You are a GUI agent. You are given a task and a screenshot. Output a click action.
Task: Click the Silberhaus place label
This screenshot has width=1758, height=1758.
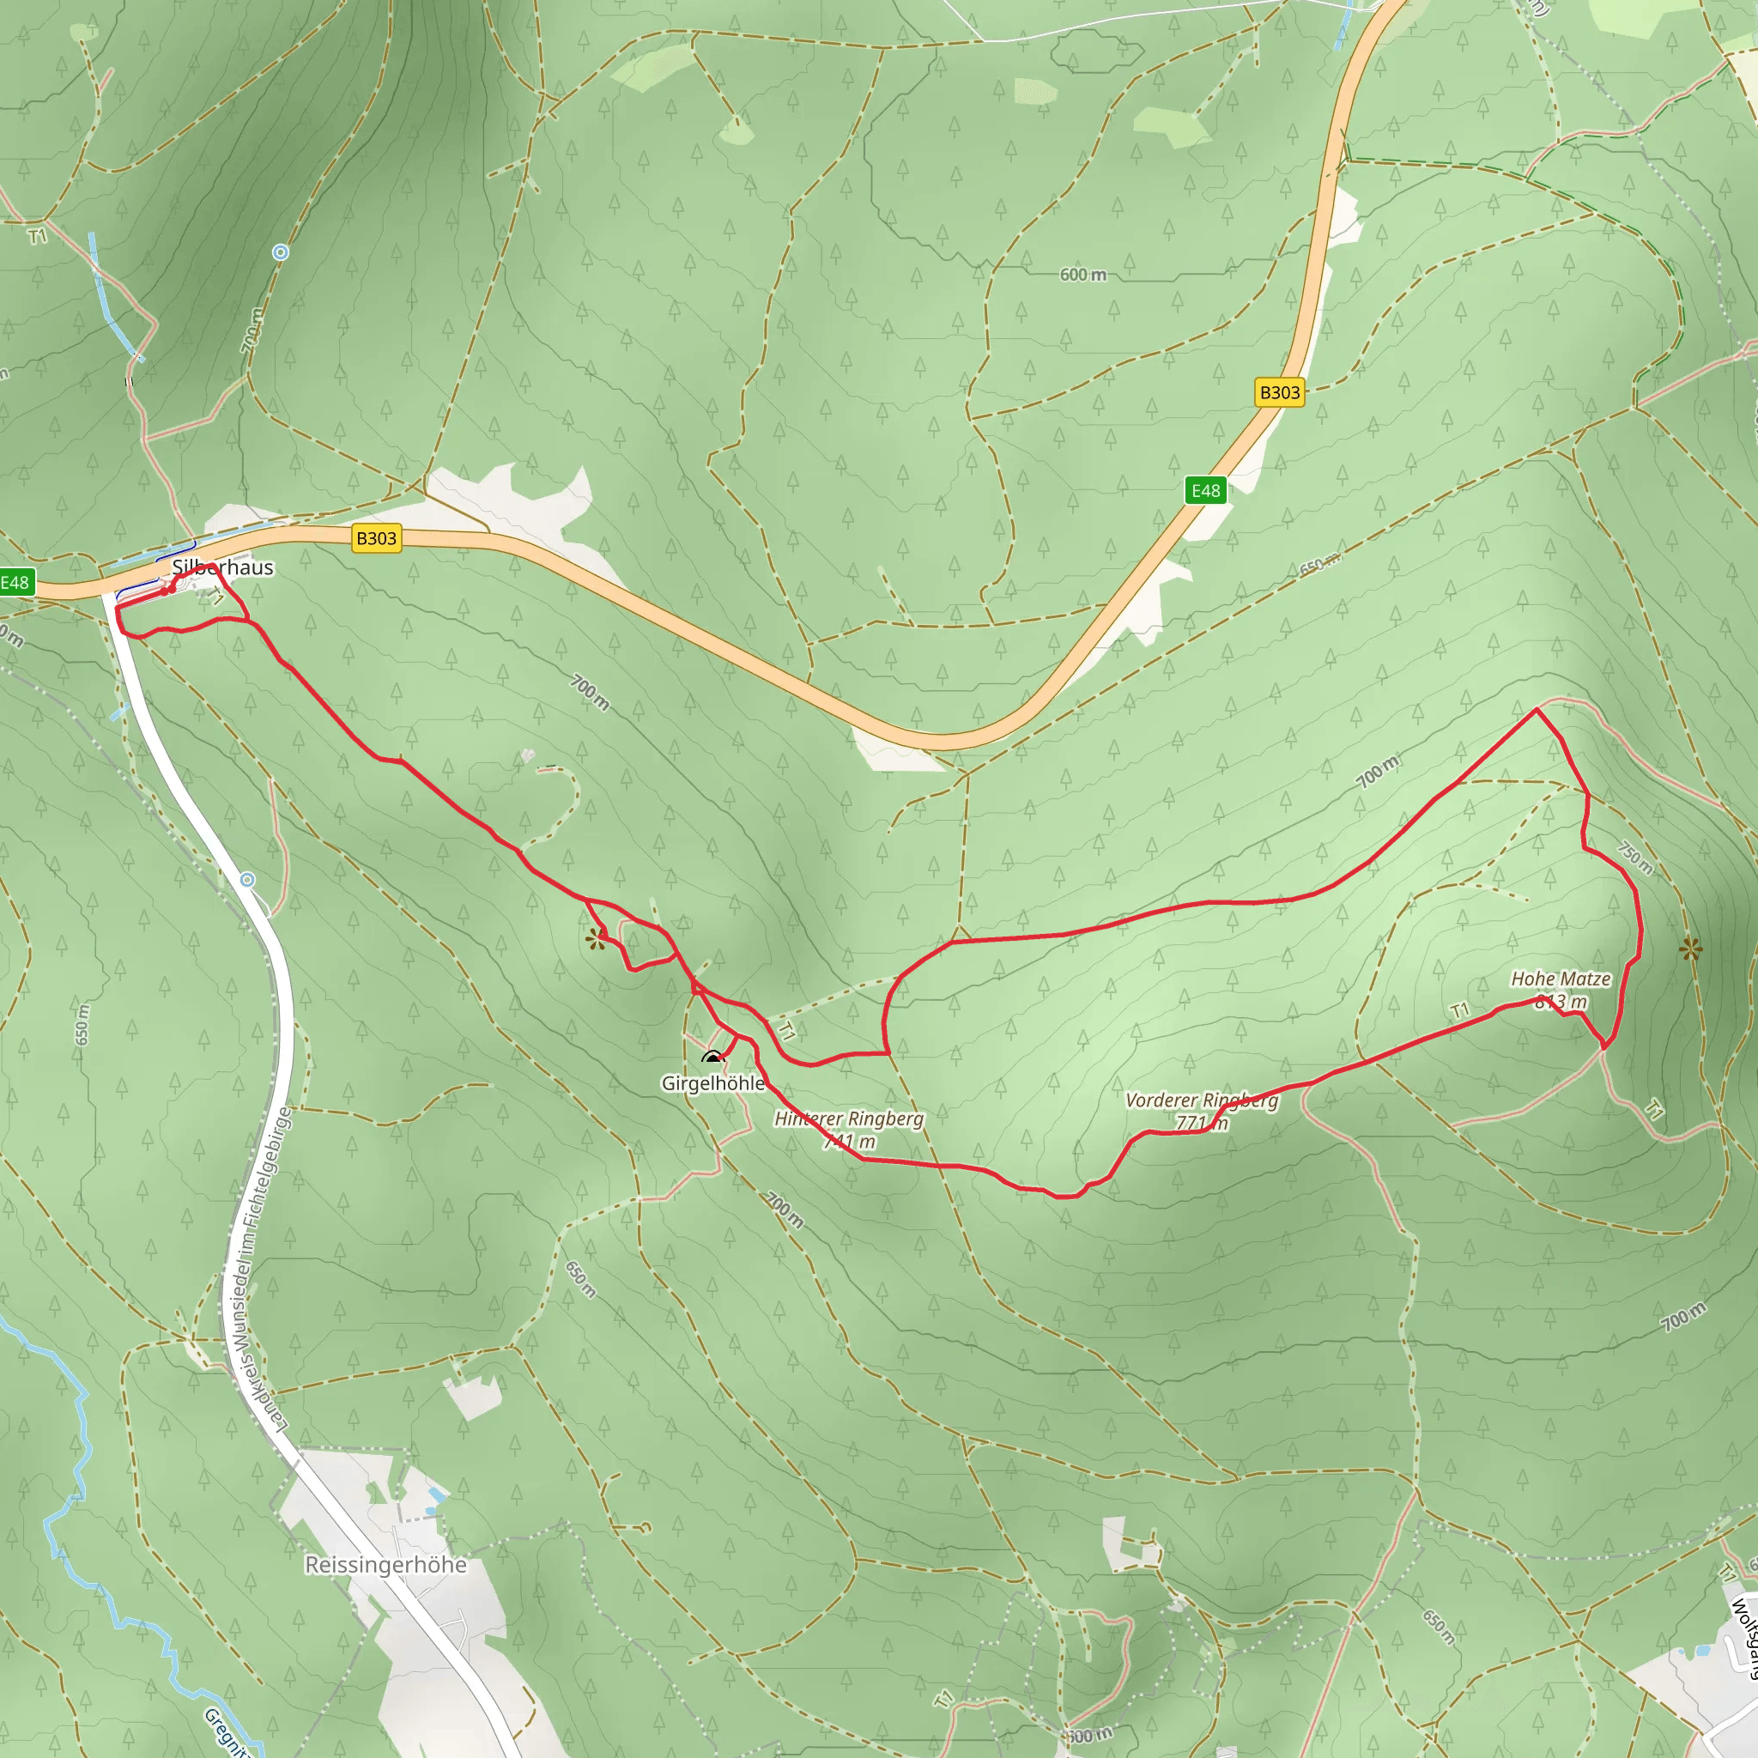point(222,567)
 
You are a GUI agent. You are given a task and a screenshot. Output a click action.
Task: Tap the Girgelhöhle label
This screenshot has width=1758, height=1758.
point(712,1082)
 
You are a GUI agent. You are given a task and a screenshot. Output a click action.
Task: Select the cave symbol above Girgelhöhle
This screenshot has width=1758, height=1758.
point(712,1058)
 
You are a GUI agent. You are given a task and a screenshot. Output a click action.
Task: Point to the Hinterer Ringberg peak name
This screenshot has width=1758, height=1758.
point(848,1118)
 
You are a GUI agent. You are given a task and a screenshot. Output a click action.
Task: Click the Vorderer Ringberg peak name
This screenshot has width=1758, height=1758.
point(1201,1100)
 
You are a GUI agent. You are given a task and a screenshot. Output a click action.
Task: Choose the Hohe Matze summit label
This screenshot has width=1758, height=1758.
point(1561,979)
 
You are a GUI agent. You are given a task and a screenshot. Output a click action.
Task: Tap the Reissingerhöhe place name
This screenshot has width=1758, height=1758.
point(385,1565)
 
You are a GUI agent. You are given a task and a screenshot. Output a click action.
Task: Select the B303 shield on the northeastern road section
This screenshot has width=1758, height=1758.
point(1279,392)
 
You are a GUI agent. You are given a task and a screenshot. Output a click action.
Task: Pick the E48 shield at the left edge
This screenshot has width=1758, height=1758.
point(15,582)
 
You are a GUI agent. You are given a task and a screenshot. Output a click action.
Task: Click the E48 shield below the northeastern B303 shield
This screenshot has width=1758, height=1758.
point(1206,490)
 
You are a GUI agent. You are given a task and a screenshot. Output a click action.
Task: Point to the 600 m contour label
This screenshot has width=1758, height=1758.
point(1082,274)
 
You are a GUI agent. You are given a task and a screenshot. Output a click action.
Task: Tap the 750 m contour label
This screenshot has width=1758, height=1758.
point(1635,858)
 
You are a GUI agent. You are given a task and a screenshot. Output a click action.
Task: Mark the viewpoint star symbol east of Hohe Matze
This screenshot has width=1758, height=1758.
point(1691,950)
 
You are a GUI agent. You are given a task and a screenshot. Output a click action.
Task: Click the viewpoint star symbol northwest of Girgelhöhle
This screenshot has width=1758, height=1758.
point(596,939)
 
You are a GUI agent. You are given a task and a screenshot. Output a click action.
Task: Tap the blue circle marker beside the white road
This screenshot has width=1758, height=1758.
point(247,880)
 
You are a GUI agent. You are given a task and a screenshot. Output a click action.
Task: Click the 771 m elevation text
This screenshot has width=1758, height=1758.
point(1201,1123)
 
